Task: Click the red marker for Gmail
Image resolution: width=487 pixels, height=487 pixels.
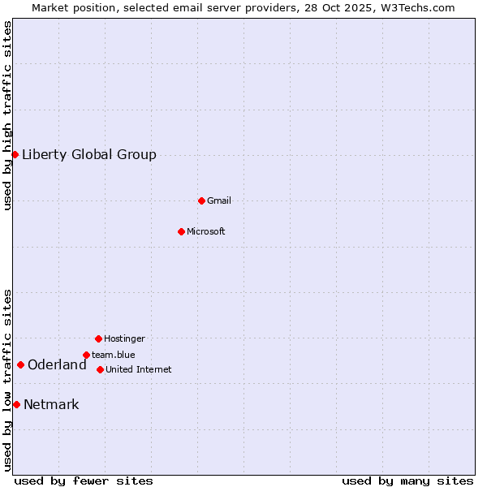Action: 201,200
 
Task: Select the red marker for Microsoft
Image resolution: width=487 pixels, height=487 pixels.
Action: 181,231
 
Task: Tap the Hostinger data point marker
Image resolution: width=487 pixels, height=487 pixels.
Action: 98,338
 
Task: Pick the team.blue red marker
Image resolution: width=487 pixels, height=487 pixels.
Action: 86,355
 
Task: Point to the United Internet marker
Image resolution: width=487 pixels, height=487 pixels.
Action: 100,369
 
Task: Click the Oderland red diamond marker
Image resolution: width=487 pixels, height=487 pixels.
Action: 20,364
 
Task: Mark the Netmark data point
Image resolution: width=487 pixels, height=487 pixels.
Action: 16,404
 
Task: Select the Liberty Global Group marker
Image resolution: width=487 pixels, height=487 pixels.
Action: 15,154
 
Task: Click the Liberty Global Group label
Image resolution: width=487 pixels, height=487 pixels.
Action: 89,155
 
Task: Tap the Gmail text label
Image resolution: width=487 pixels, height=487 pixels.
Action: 219,200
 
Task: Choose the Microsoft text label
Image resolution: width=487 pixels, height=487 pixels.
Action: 206,231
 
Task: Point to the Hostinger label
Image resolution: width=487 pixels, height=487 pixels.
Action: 124,338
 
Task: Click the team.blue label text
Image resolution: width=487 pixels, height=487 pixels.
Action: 114,355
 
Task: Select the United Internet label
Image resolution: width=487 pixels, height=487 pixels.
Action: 139,369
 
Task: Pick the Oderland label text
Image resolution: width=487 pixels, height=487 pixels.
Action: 57,365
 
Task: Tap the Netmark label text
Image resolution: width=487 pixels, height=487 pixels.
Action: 51,405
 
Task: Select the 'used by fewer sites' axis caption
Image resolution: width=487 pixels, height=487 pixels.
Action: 84,481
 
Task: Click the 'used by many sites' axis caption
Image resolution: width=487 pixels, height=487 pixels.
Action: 407,481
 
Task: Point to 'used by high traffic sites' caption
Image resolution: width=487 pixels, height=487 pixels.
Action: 7,115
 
